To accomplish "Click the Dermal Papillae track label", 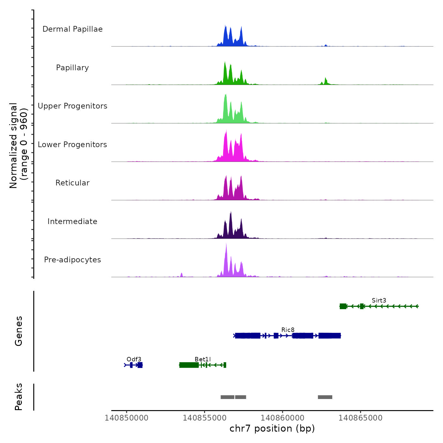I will point(72,29).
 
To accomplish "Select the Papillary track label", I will point(72,68).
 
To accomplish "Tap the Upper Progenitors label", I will point(72,106).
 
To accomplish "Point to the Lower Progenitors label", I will point(72,145).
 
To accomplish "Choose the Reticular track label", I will point(72,183).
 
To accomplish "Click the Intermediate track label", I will point(72,221).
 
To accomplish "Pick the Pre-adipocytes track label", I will point(72,260).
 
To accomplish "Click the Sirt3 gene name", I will point(379,300).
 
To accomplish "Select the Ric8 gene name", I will point(288,330).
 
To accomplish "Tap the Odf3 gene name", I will point(134,359).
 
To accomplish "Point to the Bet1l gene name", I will point(203,359).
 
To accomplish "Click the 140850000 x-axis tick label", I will point(127,418).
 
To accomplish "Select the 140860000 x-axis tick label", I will point(283,418).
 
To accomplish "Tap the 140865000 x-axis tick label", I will point(360,418).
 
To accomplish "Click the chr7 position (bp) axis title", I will point(272,428).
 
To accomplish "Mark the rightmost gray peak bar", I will point(325,397).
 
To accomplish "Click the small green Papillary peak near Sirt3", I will point(325,81).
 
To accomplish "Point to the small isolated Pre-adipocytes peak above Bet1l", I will point(182,275).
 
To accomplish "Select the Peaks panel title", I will point(19,397).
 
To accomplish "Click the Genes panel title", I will point(19,331).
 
